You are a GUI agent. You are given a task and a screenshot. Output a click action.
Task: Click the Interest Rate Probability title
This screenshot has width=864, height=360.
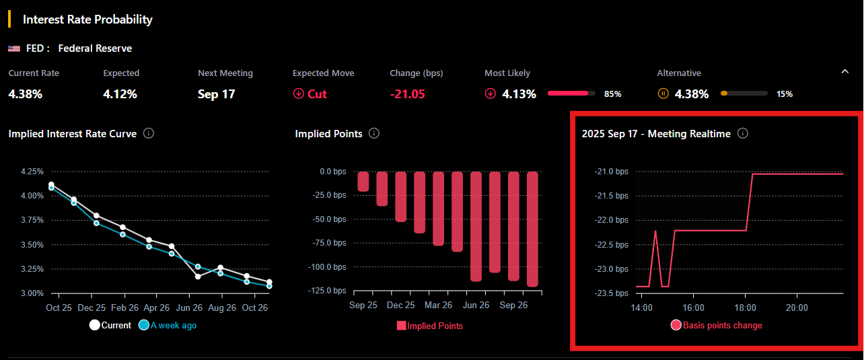pos(87,20)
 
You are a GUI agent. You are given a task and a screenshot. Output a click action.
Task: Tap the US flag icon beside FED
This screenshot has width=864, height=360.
pos(14,48)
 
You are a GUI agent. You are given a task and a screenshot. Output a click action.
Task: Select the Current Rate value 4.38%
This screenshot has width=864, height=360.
pos(26,94)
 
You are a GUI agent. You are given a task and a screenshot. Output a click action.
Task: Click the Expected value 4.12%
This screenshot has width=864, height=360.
pos(120,94)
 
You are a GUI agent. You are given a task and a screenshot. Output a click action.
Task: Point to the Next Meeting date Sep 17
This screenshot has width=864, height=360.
pos(217,94)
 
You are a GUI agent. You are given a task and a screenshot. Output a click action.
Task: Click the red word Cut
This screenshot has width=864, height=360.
pos(317,94)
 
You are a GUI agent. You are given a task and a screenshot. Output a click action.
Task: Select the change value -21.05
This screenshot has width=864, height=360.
pos(408,94)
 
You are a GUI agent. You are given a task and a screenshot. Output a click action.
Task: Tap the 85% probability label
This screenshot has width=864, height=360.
pos(612,94)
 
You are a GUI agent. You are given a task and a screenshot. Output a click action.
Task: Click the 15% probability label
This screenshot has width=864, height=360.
pos(785,94)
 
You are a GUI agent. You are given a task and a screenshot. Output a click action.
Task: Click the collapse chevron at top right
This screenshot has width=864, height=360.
pos(845,71)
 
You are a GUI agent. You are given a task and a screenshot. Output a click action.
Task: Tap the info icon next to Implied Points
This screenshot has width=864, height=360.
pos(374,133)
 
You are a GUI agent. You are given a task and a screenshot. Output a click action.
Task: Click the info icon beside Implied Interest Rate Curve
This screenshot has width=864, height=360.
pos(149,133)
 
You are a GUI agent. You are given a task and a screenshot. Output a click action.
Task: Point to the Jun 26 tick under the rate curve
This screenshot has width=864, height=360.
pos(188,307)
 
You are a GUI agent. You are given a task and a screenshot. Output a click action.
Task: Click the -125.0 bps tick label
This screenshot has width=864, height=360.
pos(328,291)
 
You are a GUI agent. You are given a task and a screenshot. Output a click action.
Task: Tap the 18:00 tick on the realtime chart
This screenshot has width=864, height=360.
pos(745,308)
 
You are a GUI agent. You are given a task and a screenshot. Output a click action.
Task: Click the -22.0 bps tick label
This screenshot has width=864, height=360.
pos(612,221)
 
